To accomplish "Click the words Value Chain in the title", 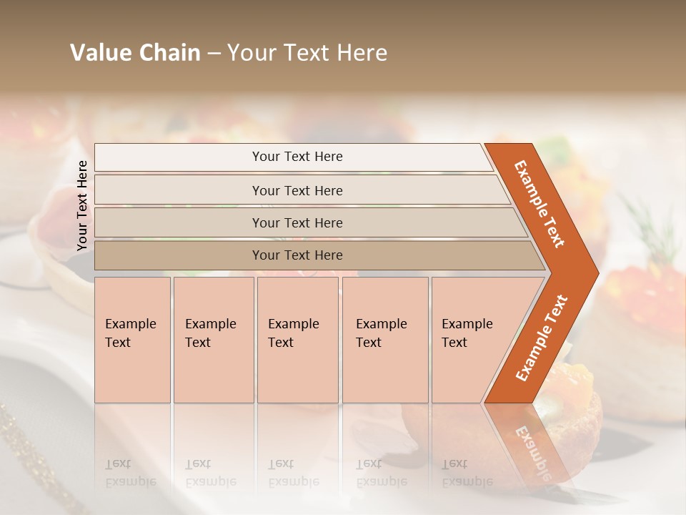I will point(135,53).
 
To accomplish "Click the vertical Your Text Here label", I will point(82,205).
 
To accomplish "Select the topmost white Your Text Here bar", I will point(297,157).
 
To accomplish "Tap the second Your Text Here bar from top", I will point(297,190).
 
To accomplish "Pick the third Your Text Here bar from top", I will point(297,222).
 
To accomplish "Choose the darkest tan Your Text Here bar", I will point(297,255).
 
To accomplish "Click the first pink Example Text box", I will point(132,340).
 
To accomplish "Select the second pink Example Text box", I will point(214,340).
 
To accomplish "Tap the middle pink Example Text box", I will point(297,340).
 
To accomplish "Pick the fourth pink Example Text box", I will point(385,340).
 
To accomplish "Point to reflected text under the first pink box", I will point(130,473).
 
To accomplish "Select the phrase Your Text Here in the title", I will point(307,53).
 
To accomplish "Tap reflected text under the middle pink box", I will point(293,473).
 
